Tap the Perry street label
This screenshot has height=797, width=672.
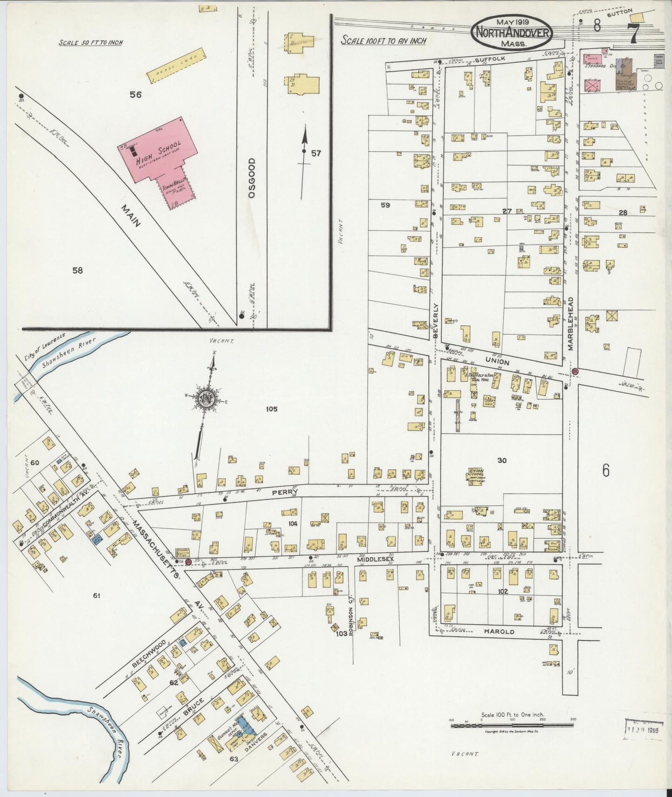pos(285,491)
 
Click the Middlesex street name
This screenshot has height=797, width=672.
pos(376,560)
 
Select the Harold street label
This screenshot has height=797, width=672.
pos(499,631)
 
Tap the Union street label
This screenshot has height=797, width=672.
pos(497,362)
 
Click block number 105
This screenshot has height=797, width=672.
pos(272,409)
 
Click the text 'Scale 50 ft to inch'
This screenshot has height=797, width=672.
pos(90,42)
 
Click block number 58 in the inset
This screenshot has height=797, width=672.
pos(77,270)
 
